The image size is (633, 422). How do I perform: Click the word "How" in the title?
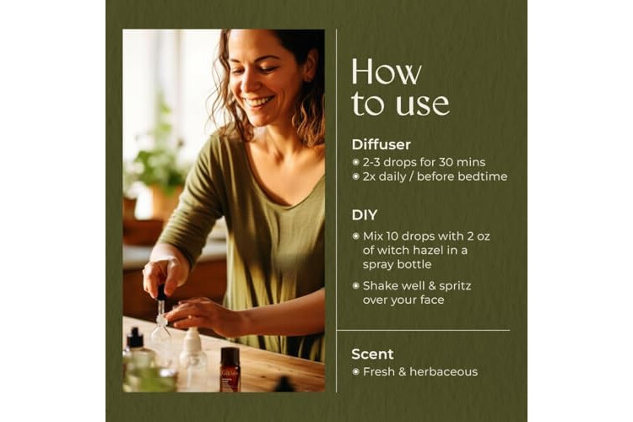click(387, 73)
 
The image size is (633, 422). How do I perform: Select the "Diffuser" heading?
click(381, 144)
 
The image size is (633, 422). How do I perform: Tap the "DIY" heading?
click(364, 215)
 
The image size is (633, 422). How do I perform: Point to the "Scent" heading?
click(372, 354)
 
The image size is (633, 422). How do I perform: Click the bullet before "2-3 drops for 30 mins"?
click(355, 162)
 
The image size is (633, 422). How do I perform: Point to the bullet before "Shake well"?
click(355, 286)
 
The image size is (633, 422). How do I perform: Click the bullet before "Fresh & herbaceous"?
click(355, 371)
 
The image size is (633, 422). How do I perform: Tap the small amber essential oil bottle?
click(230, 370)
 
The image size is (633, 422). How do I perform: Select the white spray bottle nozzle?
click(192, 338)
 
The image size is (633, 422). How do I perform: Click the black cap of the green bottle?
click(135, 338)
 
